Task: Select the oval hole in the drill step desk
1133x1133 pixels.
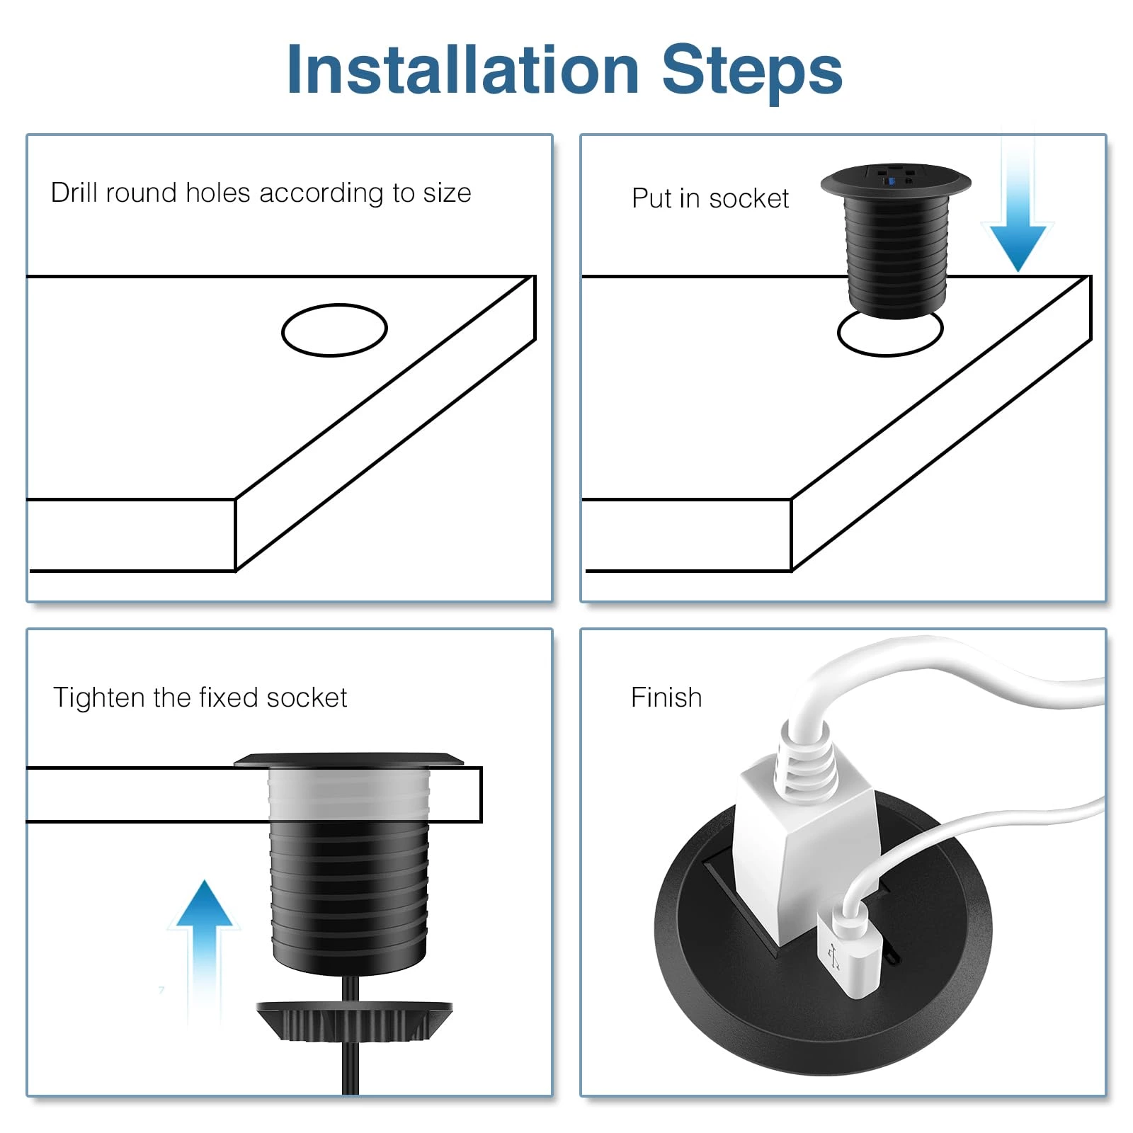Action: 334,330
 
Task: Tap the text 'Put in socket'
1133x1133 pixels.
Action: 710,199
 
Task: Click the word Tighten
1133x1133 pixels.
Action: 98,698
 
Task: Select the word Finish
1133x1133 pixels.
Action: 666,698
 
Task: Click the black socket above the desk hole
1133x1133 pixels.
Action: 896,241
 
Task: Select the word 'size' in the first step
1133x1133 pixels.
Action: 447,193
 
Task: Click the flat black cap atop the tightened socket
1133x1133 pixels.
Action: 348,760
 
